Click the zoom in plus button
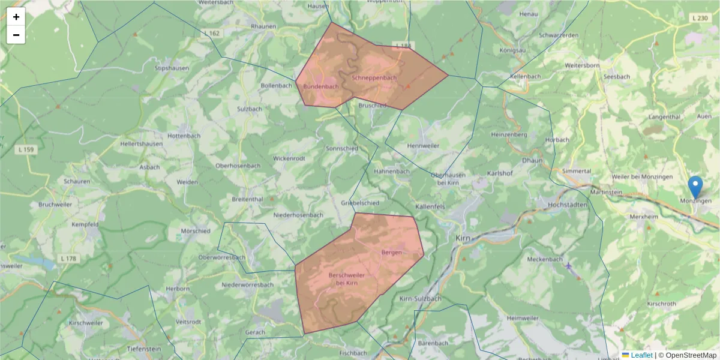(x=16, y=17)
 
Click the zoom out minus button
(x=16, y=35)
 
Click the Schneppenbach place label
(x=374, y=78)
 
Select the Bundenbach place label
(x=320, y=86)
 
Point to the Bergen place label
(x=391, y=253)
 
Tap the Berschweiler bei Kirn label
(x=347, y=279)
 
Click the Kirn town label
(x=462, y=238)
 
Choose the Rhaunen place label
(x=263, y=26)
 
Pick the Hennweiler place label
(x=423, y=146)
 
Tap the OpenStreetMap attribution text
(x=690, y=355)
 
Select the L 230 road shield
(x=700, y=19)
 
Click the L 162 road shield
(x=212, y=33)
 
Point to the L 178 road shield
(x=68, y=258)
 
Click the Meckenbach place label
(x=545, y=259)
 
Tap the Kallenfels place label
(x=430, y=206)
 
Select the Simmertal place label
(x=578, y=171)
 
